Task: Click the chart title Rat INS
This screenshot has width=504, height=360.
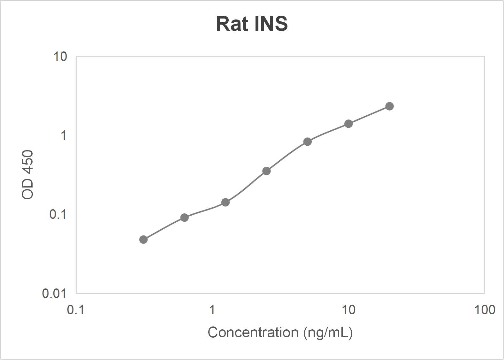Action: click(252, 24)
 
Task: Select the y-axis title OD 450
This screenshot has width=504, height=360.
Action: click(28, 175)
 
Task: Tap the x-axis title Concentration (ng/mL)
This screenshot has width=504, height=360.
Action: click(280, 333)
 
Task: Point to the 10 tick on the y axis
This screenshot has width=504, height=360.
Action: click(60, 57)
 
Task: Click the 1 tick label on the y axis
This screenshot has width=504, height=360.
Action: click(64, 135)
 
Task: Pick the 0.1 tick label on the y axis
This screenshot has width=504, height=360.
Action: click(58, 214)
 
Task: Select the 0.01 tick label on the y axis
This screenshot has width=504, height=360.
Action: click(54, 293)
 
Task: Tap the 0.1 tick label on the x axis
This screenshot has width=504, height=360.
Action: click(76, 310)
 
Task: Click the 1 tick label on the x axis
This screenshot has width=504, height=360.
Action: click(212, 310)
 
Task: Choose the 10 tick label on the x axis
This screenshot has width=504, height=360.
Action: click(348, 310)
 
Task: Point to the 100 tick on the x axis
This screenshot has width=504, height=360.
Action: click(485, 310)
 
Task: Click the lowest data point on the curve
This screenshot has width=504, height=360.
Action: click(143, 240)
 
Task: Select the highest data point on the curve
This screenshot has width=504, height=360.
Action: click(389, 106)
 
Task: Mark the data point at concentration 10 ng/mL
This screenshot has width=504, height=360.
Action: click(348, 124)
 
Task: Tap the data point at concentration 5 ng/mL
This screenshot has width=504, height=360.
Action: click(307, 142)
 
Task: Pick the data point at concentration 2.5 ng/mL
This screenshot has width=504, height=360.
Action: click(266, 171)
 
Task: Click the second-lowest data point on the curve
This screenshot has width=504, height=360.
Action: click(184, 218)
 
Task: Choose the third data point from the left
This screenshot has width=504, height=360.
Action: click(225, 202)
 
